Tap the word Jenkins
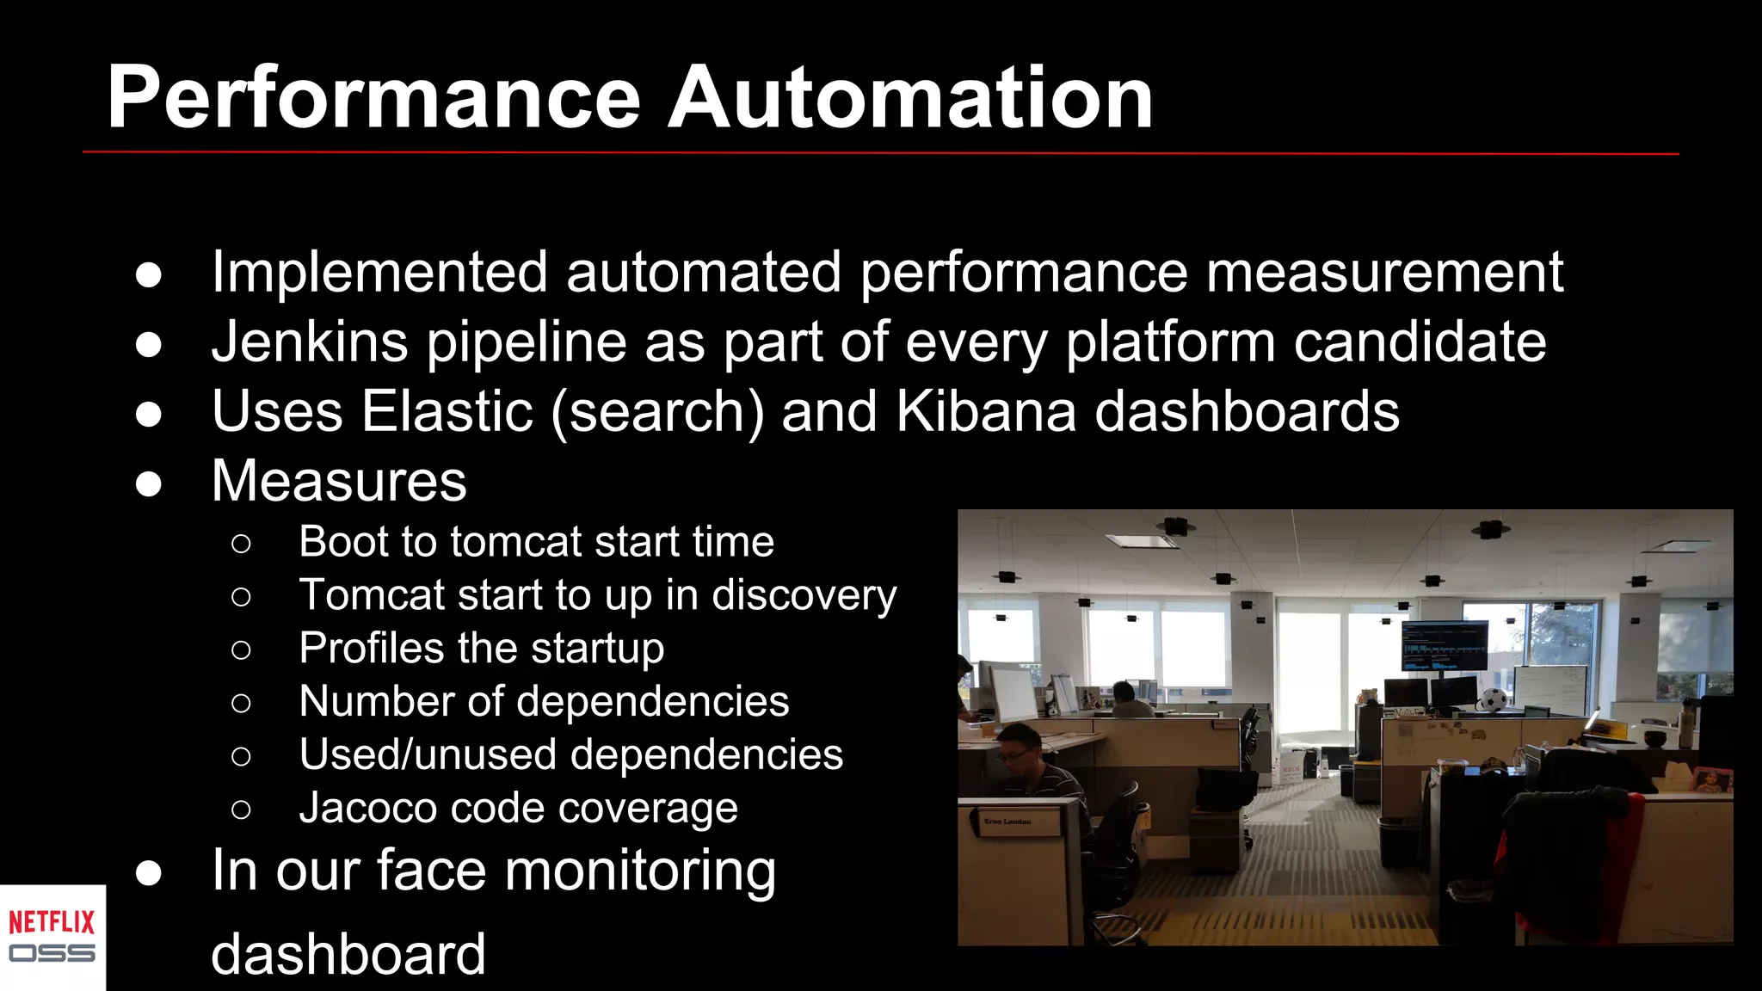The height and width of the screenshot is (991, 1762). [310, 342]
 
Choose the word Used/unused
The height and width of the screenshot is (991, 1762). [427, 754]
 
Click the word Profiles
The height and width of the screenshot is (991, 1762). [371, 648]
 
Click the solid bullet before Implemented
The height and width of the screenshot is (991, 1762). [149, 274]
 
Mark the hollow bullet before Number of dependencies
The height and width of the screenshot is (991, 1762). [241, 703]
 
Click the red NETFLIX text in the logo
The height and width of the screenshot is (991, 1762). [52, 922]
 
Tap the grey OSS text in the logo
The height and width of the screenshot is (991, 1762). [52, 953]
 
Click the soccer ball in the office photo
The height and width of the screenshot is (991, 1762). [1493, 700]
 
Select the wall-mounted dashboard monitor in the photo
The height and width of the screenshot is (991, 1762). [1445, 646]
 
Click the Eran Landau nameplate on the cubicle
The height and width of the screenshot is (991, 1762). [1007, 822]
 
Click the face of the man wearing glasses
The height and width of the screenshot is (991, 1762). [1015, 747]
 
